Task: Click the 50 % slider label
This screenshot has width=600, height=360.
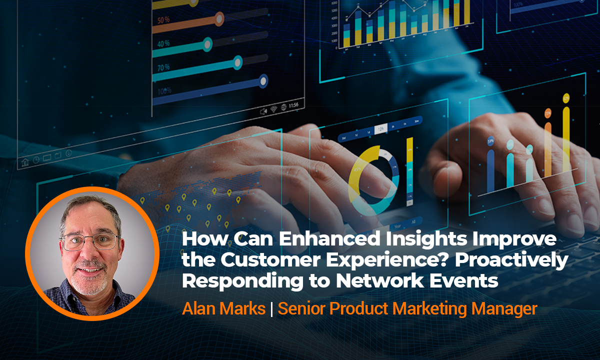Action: pos(163,20)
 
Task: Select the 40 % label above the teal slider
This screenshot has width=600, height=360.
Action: pos(163,43)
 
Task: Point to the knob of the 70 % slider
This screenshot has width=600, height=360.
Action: pos(237,62)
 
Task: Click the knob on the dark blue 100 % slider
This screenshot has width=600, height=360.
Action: pos(262,80)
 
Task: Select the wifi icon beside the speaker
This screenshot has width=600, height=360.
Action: pos(273,108)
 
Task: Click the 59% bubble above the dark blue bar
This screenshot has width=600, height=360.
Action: pos(490,141)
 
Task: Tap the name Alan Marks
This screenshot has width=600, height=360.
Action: pos(223,308)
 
